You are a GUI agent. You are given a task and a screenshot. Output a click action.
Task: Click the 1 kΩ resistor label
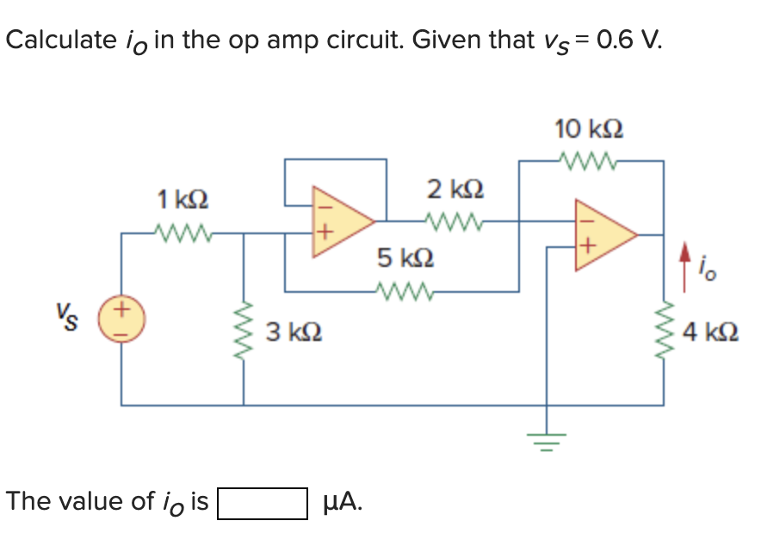pyautogui.click(x=183, y=200)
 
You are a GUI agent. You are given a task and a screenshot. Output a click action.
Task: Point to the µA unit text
pyautogui.click(x=342, y=502)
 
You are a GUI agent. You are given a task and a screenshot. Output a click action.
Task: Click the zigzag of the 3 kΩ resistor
pyautogui.click(x=243, y=332)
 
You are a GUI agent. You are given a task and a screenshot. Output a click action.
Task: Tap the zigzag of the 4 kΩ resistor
pyautogui.click(x=663, y=332)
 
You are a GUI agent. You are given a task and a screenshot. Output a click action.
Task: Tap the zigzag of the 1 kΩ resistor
pyautogui.click(x=183, y=231)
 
